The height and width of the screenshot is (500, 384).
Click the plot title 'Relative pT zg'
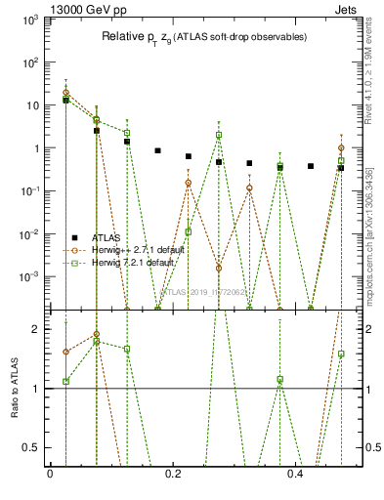pyautogui.click(x=204, y=37)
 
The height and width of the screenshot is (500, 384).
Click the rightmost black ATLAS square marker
pyautogui.click(x=341, y=168)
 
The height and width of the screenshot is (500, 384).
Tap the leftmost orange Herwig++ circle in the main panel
pyautogui.click(x=65, y=93)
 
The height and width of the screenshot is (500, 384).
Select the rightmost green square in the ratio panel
pyautogui.click(x=341, y=354)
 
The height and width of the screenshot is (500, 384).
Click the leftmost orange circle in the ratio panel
pyautogui.click(x=65, y=352)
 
